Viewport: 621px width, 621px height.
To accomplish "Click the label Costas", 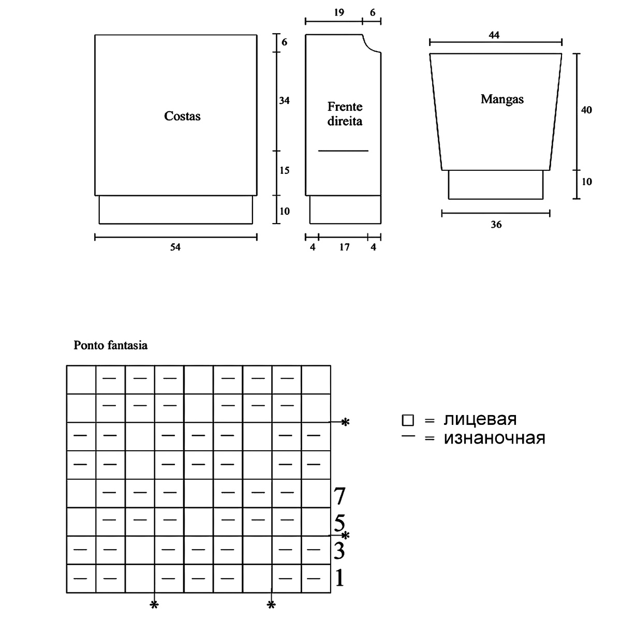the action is tap(182, 116).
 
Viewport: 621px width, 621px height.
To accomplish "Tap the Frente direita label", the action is tap(345, 114).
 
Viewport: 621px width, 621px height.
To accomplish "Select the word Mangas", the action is tap(501, 99).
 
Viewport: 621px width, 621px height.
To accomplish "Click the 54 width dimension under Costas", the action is tap(175, 247).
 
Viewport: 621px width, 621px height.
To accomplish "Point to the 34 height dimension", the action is tap(284, 100).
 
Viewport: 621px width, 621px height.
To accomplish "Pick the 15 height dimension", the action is tap(284, 170).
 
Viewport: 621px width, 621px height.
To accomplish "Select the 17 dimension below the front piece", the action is tap(344, 247).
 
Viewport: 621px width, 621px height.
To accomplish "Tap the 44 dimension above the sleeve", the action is tap(494, 35).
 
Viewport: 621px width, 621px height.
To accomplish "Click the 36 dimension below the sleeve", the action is tap(496, 225).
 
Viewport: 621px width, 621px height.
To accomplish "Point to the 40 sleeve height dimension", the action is tap(586, 110).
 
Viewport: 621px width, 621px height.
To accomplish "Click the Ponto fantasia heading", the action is tap(110, 345).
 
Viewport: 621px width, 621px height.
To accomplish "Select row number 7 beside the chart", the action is tap(339, 496).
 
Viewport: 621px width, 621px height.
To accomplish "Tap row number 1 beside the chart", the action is tap(339, 578).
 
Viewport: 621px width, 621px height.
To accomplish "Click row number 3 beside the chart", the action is tap(339, 551).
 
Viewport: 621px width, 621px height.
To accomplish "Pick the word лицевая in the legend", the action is tap(480, 419).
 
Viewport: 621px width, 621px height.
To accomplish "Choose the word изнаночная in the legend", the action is tap(494, 438).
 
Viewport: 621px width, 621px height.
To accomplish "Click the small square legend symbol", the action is tap(408, 420).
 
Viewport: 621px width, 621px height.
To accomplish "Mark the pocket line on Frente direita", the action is tap(343, 151).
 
